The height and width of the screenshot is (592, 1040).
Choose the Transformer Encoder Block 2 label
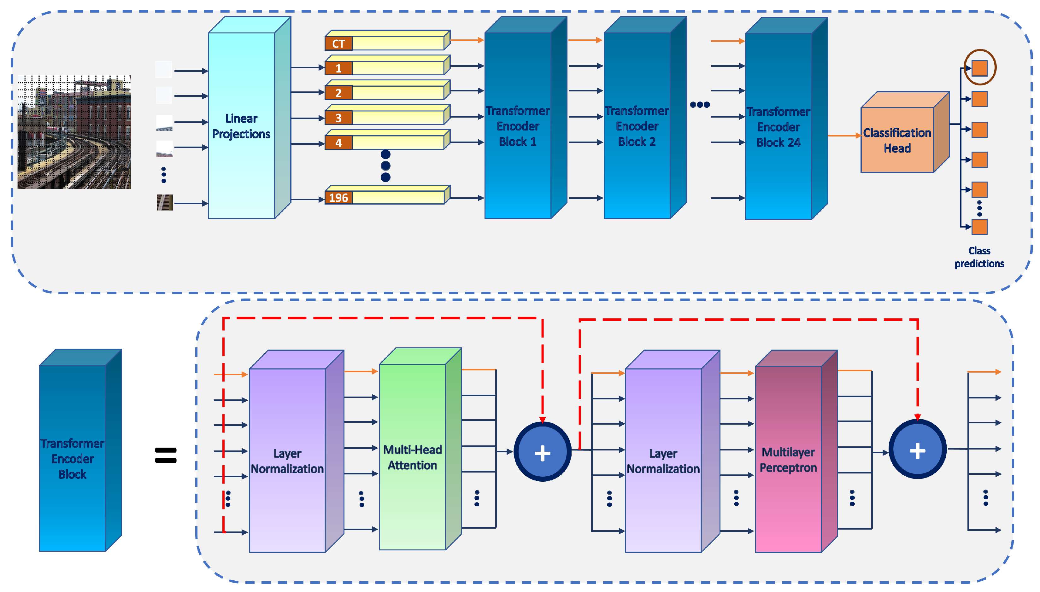coord(637,126)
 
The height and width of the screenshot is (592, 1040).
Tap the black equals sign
coord(166,455)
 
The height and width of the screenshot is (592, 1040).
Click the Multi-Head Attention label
coord(412,457)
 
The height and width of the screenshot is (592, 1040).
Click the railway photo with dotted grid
coord(74,132)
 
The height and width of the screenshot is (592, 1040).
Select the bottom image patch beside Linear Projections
coord(164,202)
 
